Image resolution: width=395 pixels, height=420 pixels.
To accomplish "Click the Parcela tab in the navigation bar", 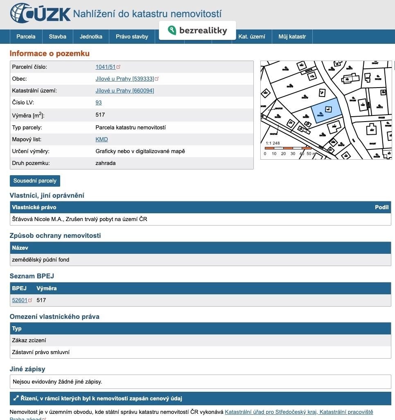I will (26, 36).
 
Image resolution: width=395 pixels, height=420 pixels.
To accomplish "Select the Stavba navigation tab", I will (57, 36).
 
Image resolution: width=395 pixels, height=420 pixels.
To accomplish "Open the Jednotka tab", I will (91, 36).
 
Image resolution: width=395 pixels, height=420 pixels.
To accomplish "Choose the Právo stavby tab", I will (132, 36).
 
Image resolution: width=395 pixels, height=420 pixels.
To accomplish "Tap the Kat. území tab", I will (252, 36).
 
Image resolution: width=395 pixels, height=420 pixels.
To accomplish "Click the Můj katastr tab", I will (292, 36).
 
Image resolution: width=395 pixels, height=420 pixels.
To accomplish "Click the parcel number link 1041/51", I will (106, 67).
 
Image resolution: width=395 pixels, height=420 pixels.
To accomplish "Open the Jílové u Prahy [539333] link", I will (124, 79).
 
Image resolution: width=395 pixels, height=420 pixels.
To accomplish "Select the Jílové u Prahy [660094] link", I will (124, 90).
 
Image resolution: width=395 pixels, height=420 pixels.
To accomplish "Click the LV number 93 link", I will (98, 102).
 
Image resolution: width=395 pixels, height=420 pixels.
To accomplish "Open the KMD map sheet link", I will (102, 139).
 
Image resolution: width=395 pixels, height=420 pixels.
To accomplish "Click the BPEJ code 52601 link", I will (20, 300).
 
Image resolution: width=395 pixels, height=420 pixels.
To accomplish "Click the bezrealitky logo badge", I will (197, 30).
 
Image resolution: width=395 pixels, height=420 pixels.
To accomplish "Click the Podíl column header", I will (381, 207).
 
